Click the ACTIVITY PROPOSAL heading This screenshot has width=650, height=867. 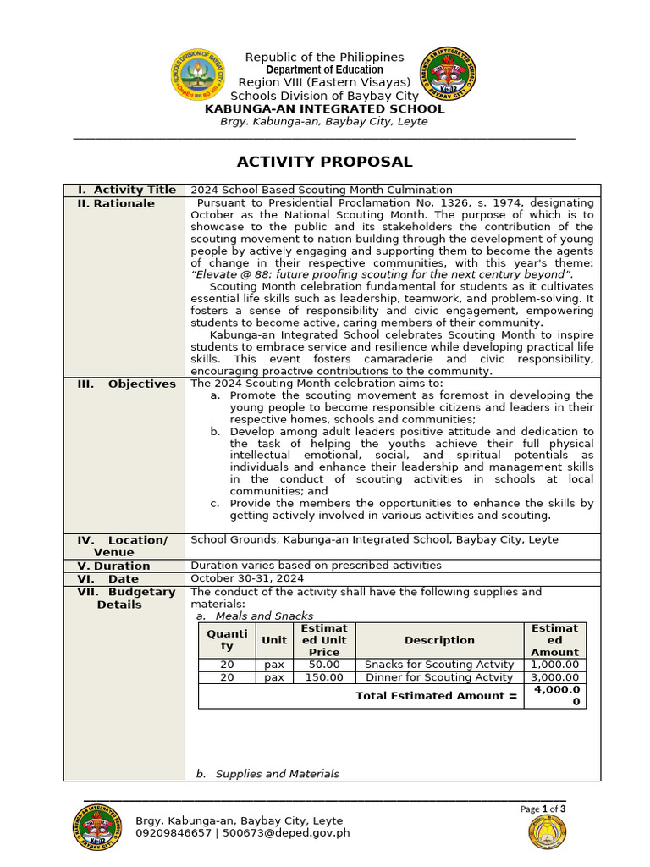click(324, 162)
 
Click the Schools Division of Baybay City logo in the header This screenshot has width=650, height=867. click(199, 75)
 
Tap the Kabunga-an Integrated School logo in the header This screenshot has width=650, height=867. click(449, 74)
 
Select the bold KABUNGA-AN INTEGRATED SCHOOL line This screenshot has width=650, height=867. click(324, 108)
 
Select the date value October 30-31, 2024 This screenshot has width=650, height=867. click(247, 578)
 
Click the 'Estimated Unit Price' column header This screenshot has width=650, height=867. click(324, 640)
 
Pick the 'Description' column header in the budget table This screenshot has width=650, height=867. click(439, 640)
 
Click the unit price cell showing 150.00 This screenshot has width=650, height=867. click(324, 677)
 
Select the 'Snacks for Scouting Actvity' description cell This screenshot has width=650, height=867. click(439, 665)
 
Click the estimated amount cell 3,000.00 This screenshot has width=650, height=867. click(555, 677)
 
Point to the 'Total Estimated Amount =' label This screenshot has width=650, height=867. click(436, 696)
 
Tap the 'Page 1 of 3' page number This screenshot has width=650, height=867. click(543, 809)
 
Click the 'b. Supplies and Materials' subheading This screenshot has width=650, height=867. click(267, 774)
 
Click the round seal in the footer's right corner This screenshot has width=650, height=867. click(548, 832)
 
